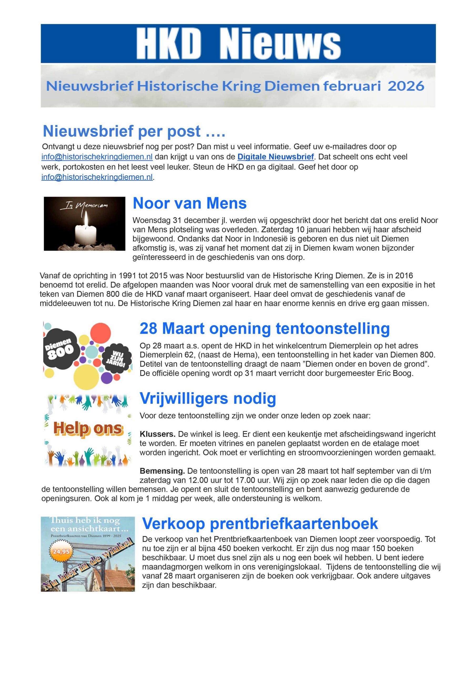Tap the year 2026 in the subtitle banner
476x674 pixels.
tap(406, 86)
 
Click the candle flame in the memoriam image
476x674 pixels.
tap(86, 217)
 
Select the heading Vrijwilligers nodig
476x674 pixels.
tap(208, 398)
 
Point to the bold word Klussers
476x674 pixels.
tap(158, 434)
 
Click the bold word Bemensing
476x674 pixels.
tap(162, 471)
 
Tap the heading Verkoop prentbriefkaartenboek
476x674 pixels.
tap(260, 523)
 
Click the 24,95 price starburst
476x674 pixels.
tap(61, 552)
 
